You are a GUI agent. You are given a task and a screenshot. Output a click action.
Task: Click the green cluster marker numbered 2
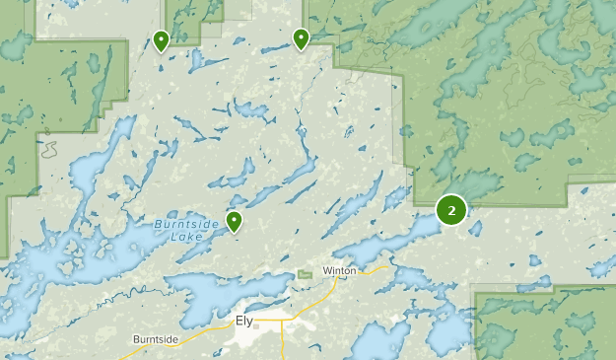pos(451,209)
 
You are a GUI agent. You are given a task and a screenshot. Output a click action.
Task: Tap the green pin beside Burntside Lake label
pos(235,220)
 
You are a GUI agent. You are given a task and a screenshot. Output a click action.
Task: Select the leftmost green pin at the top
pos(161,39)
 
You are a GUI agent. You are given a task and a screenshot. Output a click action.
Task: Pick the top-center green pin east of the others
pos(301,37)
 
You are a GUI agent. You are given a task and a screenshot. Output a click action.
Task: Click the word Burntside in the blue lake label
pos(177,225)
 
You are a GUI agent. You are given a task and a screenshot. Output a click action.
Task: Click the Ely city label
pos(244,321)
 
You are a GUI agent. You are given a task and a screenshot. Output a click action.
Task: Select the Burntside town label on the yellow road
pos(156,339)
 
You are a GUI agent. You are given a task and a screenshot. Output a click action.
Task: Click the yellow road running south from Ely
pos(283,343)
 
